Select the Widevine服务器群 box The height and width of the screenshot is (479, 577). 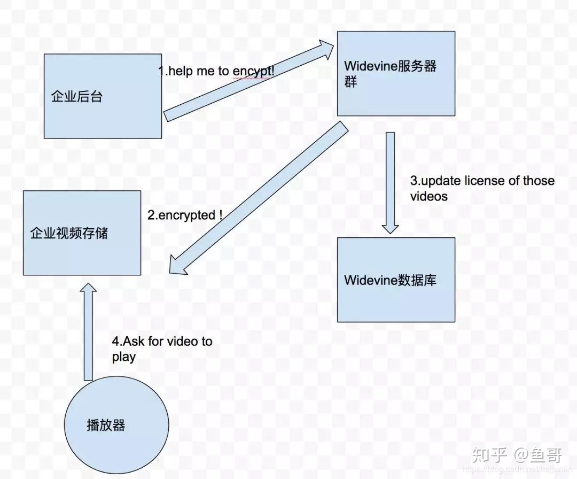coord(396,96)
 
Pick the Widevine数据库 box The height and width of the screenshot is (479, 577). coord(396,299)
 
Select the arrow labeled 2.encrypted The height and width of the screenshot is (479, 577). coord(256,198)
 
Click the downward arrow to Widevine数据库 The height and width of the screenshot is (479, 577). coord(391,182)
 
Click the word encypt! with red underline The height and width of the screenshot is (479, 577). coord(254,71)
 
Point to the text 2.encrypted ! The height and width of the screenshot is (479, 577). coord(185,215)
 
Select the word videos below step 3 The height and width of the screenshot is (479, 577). coord(428,196)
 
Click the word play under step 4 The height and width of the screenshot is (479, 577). coord(123,357)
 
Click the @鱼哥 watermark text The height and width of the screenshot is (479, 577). coord(538,455)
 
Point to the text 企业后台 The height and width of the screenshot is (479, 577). coord(76,97)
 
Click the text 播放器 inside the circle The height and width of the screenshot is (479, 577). coord(106,425)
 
